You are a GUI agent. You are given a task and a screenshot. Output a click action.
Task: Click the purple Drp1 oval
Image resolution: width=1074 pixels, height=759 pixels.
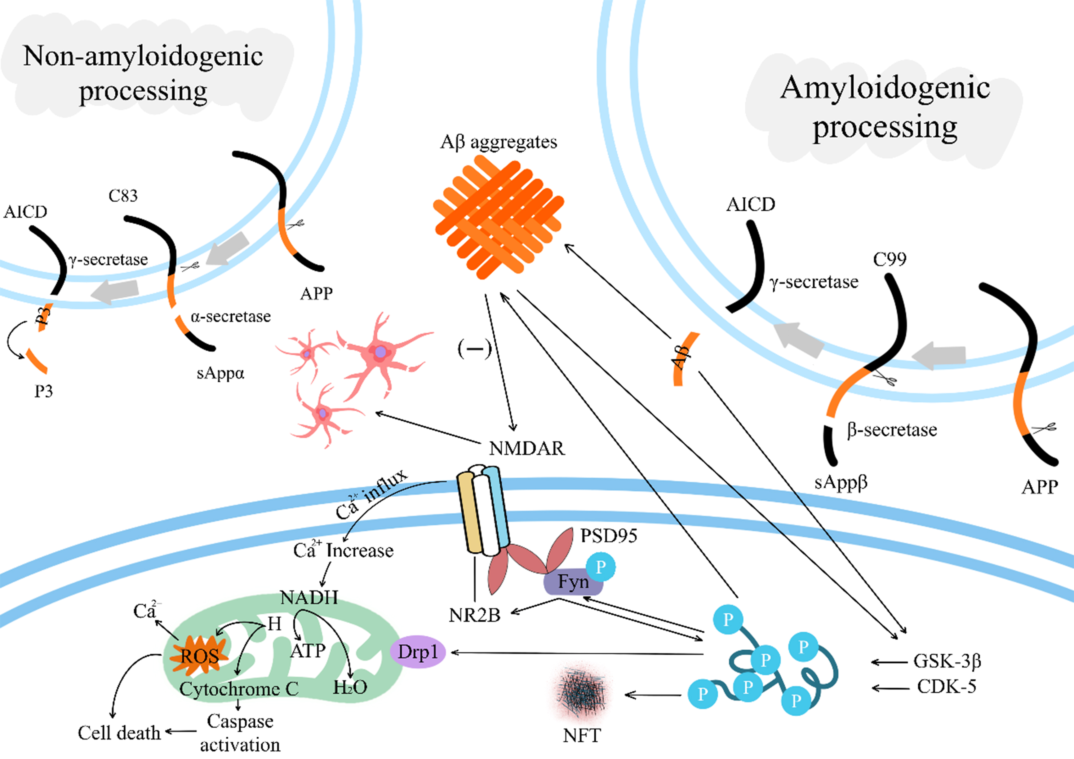click(x=418, y=652)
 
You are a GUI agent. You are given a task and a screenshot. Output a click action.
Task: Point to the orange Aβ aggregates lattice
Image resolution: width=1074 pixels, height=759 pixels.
click(x=499, y=218)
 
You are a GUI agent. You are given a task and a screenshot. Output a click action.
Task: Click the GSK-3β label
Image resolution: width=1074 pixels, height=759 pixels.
click(x=947, y=661)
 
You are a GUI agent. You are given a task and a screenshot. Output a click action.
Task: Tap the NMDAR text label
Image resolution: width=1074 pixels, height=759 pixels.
click(x=527, y=448)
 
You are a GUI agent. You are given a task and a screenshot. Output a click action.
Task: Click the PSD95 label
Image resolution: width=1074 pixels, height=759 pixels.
click(x=609, y=536)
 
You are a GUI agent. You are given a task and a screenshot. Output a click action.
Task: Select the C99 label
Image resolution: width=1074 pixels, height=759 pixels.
click(x=889, y=259)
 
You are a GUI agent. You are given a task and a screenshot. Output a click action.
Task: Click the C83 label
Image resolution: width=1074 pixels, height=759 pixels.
click(x=123, y=195)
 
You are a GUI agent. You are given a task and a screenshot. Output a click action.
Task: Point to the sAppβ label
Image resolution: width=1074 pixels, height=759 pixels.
click(x=841, y=482)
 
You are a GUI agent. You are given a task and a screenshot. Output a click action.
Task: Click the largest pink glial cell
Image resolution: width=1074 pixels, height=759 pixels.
click(x=380, y=353)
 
